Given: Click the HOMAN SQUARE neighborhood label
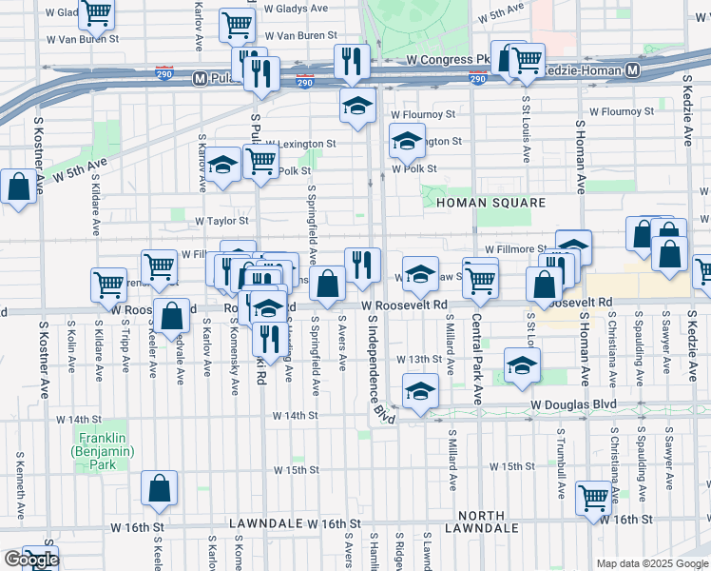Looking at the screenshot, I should pos(490,203).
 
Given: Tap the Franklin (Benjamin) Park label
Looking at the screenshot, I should pos(97,451).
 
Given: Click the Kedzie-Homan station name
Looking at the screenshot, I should pos(580,71).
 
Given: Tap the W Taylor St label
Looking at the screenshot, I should pos(221,220).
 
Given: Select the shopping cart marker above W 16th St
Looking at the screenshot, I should pos(593,497).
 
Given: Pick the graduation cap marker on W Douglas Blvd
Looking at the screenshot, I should pos(420,389).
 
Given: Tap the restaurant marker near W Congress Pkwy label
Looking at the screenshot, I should pos(352,62).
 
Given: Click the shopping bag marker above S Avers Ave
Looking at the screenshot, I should pos(329,284).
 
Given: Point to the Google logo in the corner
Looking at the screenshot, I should pos(31,559).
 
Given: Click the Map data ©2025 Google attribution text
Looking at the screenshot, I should pos(652,563).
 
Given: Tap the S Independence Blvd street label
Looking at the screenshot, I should pos(381,381).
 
